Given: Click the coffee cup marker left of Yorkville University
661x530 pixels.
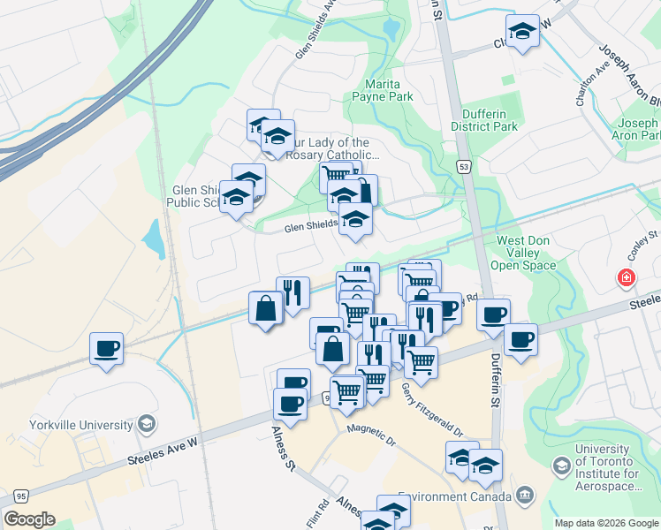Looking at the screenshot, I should click(106, 349).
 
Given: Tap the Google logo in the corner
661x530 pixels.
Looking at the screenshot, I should click(29, 519).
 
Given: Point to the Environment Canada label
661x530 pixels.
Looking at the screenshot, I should click(454, 496).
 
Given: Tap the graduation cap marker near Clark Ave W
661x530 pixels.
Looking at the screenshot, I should click(522, 31).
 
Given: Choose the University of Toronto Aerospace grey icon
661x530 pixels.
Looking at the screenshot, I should click(560, 465).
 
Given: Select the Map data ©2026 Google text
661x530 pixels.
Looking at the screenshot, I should click(607, 523).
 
